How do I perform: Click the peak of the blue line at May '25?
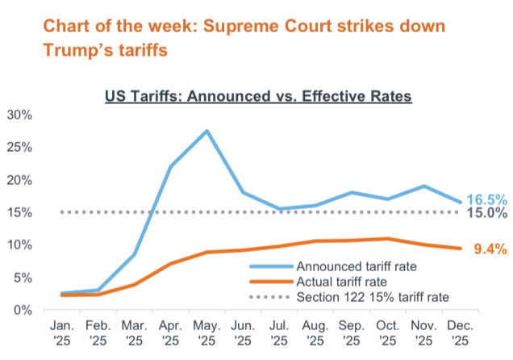point(207,131)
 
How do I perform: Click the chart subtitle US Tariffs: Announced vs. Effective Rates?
point(258,97)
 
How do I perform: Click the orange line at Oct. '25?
point(388,239)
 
